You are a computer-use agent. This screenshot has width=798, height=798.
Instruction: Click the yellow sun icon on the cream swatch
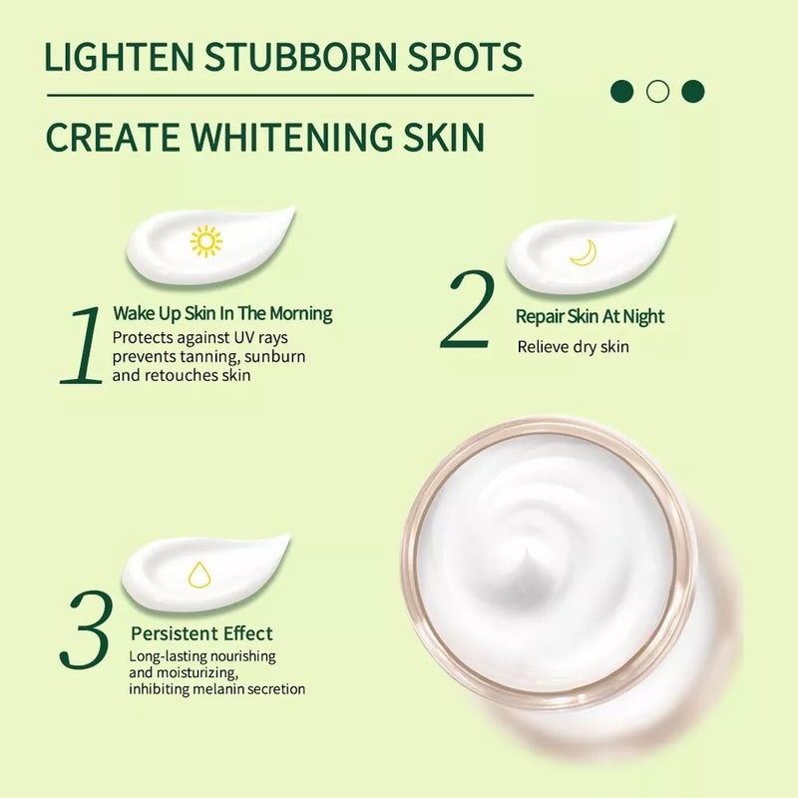tap(205, 241)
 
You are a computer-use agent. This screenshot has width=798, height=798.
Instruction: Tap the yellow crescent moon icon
tap(583, 253)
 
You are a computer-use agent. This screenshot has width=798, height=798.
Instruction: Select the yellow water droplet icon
tap(200, 575)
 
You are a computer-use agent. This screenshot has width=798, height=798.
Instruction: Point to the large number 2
tap(469, 310)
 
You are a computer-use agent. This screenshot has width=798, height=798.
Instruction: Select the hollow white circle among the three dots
tap(656, 92)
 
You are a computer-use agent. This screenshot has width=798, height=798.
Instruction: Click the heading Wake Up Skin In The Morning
tap(221, 314)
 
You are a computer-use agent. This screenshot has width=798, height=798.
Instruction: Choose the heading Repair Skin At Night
tap(590, 317)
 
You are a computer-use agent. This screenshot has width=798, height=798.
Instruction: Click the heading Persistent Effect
tap(201, 633)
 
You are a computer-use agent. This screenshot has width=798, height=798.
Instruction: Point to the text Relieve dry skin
tap(573, 347)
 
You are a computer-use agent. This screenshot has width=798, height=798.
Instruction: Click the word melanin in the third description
tap(227, 689)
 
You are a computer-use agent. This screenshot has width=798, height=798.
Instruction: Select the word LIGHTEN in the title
tap(112, 57)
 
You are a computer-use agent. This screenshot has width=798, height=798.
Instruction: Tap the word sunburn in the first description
tap(275, 356)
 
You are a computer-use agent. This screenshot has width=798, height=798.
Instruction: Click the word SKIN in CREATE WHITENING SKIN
tap(443, 137)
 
